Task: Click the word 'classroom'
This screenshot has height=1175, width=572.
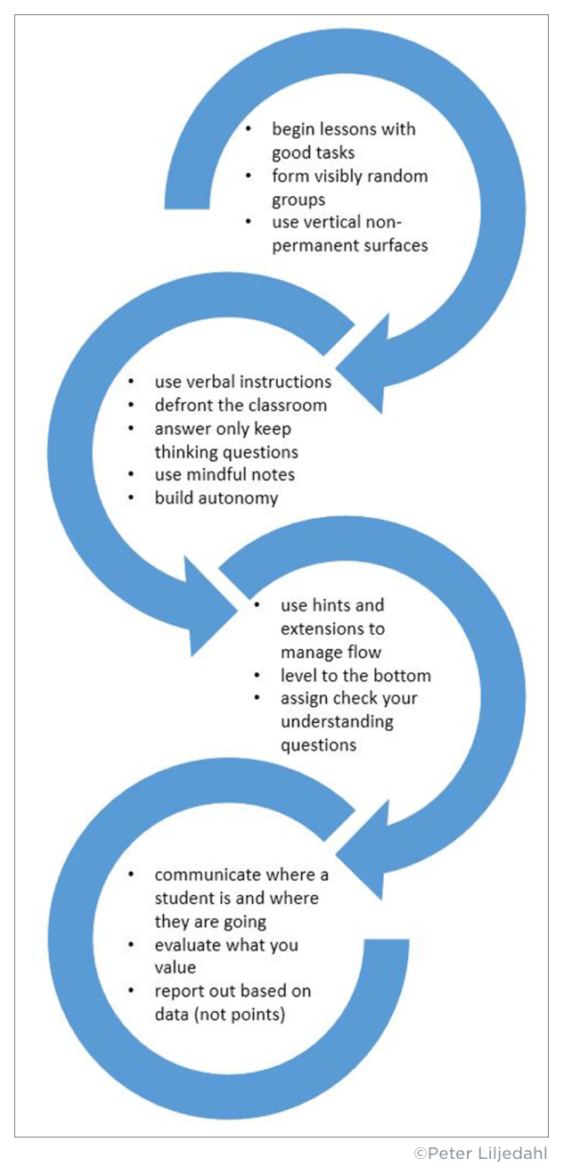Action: click(290, 405)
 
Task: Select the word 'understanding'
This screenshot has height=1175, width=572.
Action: click(337, 720)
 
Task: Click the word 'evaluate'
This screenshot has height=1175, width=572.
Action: click(188, 943)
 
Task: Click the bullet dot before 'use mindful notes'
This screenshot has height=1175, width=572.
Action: click(132, 474)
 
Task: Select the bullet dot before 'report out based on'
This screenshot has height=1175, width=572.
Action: click(132, 990)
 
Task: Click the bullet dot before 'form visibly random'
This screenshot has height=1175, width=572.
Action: click(250, 176)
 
